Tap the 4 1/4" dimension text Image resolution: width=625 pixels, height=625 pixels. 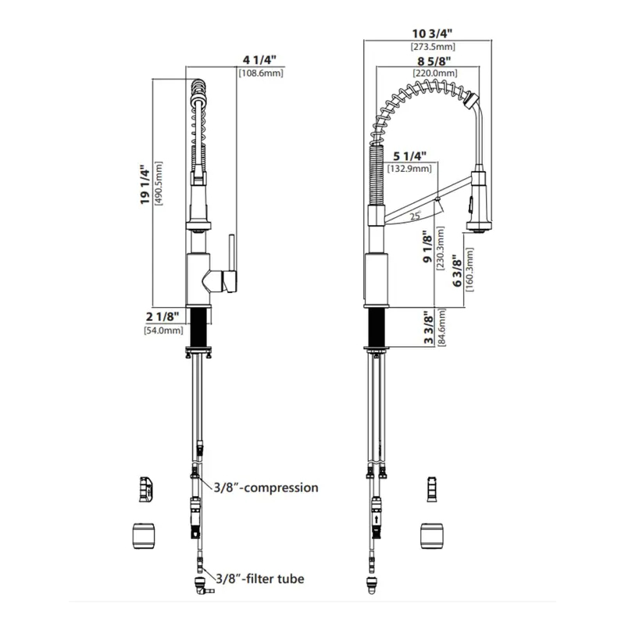[257, 59]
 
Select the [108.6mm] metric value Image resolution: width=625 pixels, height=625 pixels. [260, 73]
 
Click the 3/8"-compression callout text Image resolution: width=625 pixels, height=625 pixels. [266, 487]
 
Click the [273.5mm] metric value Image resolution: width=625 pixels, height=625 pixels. [433, 47]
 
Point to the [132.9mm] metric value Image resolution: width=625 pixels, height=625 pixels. [409, 169]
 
